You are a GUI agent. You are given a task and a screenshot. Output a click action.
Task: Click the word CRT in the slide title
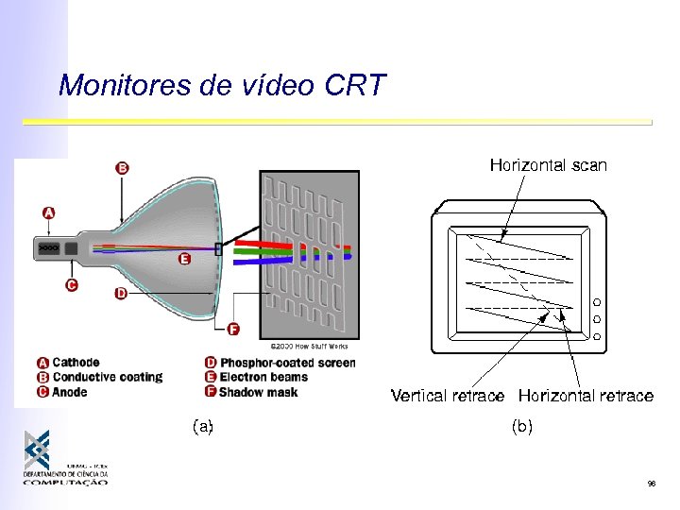355,86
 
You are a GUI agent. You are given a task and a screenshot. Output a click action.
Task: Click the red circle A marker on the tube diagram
49,213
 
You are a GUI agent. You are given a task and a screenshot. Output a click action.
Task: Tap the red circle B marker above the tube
122,168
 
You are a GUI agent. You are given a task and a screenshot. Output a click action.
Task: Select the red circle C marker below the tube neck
72,284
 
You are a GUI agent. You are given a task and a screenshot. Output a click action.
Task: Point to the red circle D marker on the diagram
121,294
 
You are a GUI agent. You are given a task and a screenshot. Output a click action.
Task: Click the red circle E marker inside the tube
184,259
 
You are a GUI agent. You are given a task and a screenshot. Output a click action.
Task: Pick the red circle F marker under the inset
233,330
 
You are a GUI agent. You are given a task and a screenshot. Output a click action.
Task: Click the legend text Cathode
76,363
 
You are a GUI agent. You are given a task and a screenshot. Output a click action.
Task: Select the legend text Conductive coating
107,378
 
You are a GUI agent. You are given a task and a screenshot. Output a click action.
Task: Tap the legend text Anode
70,392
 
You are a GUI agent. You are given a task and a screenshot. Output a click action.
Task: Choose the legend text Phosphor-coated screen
287,363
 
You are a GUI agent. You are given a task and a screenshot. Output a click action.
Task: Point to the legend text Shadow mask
258,392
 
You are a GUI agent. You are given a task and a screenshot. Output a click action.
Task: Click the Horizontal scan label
548,165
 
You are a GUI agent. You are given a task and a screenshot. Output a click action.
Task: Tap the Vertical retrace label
448,396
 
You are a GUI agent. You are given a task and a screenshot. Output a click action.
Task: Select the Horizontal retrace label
586,396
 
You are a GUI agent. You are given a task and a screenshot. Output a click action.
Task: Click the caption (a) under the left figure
202,426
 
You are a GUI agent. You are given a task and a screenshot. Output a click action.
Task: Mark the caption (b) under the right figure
522,426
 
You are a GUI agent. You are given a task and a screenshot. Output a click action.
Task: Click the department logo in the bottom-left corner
63,458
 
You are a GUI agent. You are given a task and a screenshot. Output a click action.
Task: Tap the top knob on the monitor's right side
597,303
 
